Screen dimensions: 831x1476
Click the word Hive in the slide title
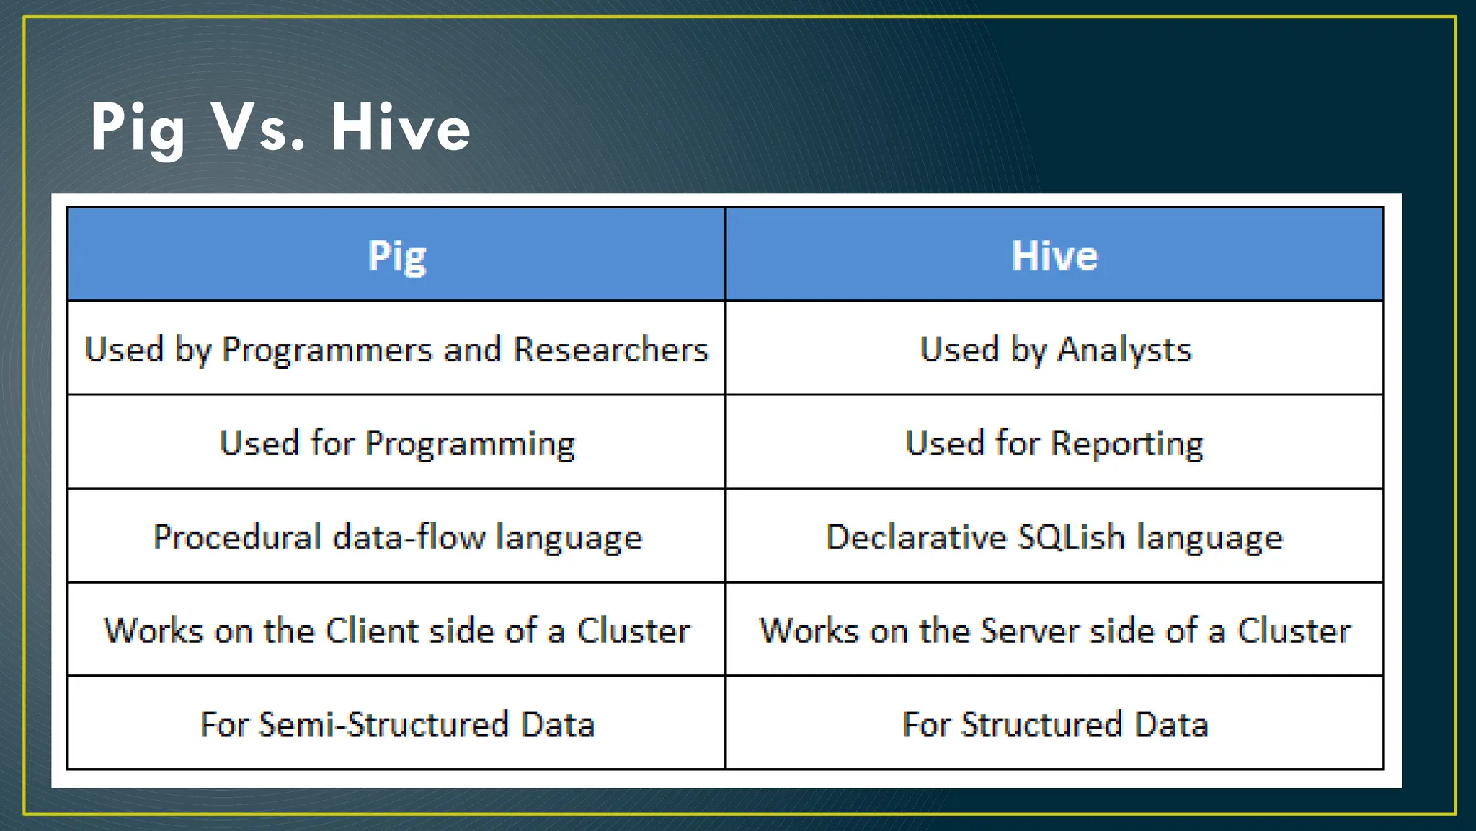click(x=401, y=128)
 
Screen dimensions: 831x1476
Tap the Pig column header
click(x=396, y=255)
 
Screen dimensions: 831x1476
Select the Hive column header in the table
click(x=1054, y=255)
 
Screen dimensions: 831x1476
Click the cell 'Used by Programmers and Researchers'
click(x=396, y=349)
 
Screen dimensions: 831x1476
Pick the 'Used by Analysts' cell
click(x=1054, y=349)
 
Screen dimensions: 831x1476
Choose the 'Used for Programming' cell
click(x=396, y=443)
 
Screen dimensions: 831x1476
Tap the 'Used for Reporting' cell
click(x=1054, y=443)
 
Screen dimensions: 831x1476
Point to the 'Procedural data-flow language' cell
click(x=396, y=537)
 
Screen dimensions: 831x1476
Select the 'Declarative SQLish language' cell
click(x=1054, y=537)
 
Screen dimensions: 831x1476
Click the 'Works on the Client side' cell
click(x=396, y=630)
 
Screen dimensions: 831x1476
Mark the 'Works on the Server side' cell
click(x=1054, y=630)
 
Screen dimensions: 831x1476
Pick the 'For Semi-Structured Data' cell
click(x=396, y=724)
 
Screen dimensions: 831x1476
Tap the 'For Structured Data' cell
click(x=1054, y=724)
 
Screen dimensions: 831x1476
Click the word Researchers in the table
click(x=610, y=349)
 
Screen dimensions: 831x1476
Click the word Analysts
click(x=1124, y=349)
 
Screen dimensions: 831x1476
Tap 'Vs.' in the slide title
click(x=258, y=128)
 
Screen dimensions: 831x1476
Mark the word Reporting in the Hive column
click(x=1126, y=443)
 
